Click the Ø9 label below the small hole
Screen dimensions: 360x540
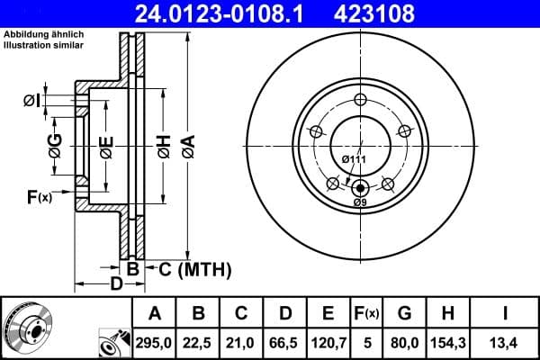360,202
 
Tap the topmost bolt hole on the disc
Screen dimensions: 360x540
360,100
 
